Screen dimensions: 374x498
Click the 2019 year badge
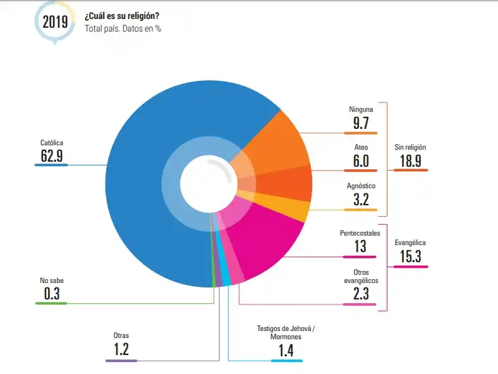point(55,21)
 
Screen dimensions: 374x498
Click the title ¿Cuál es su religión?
point(121,16)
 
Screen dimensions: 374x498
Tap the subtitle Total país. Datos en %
point(123,28)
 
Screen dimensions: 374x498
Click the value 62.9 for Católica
point(52,155)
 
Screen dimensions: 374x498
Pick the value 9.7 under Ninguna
point(361,123)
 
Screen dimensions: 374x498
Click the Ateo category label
point(361,147)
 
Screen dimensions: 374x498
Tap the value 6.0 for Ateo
point(361,161)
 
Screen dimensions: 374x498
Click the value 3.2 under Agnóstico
point(361,200)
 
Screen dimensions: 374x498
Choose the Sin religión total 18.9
point(410,160)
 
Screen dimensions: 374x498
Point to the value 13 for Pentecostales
point(360,246)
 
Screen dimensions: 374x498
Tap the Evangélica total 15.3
point(410,256)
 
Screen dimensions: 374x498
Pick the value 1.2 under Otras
point(121,349)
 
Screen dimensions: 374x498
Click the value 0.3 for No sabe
point(51,294)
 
